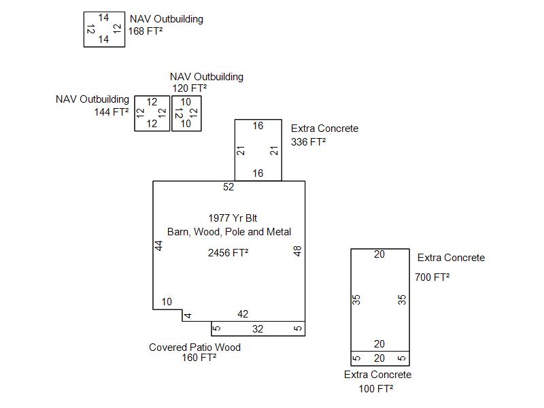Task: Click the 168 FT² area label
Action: [146, 31]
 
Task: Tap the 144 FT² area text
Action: [112, 112]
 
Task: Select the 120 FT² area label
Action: [190, 88]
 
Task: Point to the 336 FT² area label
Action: [308, 142]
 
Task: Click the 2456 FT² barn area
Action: [228, 253]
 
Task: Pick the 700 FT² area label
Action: [432, 277]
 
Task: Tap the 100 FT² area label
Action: [376, 389]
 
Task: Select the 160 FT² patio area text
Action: [199, 358]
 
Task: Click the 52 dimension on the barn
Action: [228, 187]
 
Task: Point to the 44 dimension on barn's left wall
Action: [159, 246]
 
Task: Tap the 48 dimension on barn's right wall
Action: [297, 252]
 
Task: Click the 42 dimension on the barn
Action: [243, 314]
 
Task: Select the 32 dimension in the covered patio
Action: [258, 329]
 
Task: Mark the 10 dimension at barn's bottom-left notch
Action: [167, 303]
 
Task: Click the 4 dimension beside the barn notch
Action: [188, 316]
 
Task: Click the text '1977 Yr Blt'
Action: [228, 218]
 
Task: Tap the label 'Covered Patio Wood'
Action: [194, 347]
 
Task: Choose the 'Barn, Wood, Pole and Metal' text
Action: [229, 232]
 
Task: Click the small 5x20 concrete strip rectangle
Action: [379, 358]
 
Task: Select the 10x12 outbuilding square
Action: [186, 113]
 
